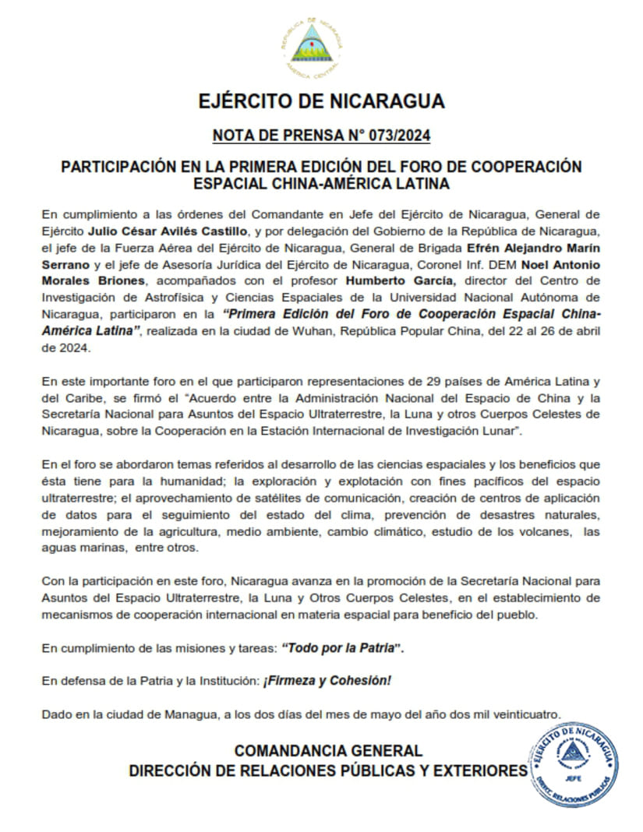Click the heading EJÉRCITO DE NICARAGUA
point(321,102)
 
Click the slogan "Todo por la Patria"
point(344,648)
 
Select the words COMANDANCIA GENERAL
point(328,751)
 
